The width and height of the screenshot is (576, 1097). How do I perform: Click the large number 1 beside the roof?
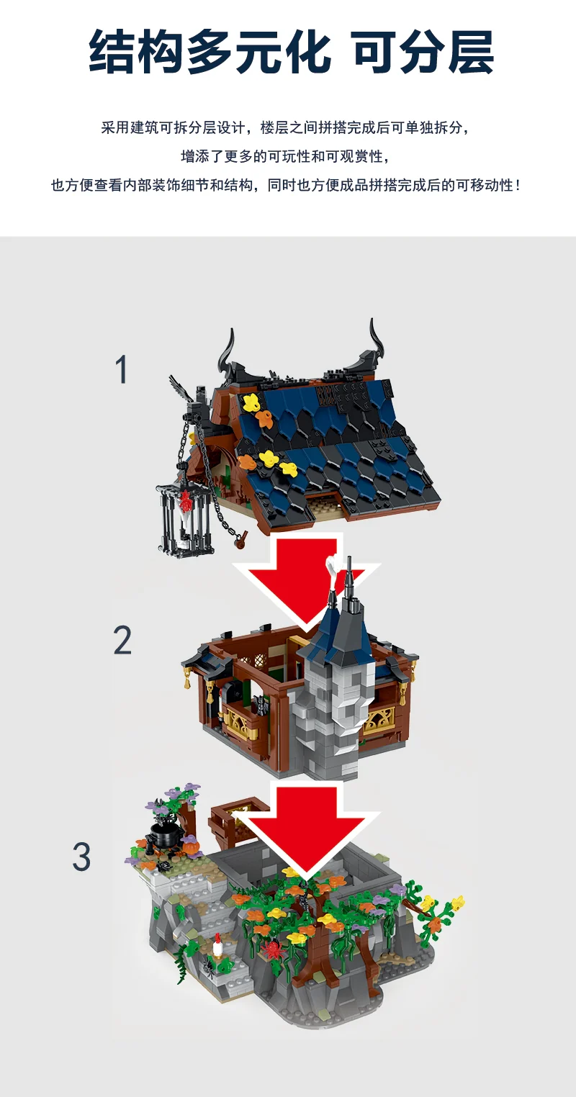pos(122,369)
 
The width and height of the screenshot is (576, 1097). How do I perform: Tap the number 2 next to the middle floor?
pos(122,640)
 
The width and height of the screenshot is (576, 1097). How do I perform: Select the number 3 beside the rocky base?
pos(81,857)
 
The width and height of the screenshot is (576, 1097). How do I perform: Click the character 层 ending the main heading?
pos(466,53)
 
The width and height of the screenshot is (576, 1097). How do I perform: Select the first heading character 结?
pos(114,53)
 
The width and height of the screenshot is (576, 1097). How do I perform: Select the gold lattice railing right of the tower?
pos(379,720)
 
